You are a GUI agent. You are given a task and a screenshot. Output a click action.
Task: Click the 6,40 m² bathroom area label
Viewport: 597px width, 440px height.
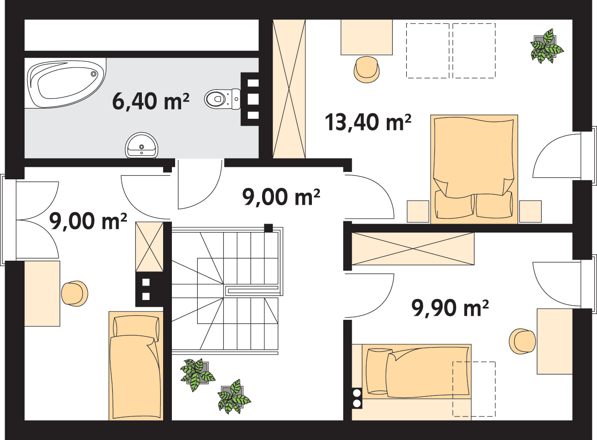click(x=151, y=101)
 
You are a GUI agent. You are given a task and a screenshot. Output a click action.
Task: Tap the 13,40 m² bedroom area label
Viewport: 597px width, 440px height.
click(x=368, y=122)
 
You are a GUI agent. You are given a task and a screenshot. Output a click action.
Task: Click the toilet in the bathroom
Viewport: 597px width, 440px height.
click(x=223, y=99)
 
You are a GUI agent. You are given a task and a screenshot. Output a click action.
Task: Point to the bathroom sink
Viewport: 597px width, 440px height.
click(x=141, y=146)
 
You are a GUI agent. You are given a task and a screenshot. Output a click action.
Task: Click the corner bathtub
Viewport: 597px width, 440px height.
click(x=65, y=83)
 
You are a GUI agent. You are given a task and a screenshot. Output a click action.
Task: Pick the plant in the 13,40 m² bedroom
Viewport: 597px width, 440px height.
click(x=546, y=46)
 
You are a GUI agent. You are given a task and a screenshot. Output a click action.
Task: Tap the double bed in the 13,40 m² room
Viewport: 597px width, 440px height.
click(x=474, y=169)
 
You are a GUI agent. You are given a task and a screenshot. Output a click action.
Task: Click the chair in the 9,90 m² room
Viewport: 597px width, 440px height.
click(x=522, y=342)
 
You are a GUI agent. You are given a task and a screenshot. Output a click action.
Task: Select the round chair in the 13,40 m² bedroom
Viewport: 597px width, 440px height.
click(x=367, y=69)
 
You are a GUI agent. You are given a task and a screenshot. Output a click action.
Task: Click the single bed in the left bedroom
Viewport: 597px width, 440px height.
click(x=136, y=366)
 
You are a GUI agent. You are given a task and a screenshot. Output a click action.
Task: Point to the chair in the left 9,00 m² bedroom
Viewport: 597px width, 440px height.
click(x=75, y=293)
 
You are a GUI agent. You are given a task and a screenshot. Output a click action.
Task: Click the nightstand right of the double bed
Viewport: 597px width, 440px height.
click(x=530, y=211)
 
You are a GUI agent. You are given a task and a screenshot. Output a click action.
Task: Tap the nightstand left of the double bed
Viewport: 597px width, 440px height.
click(x=418, y=211)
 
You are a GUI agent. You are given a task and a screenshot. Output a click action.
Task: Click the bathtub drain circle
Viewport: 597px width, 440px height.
click(x=93, y=74)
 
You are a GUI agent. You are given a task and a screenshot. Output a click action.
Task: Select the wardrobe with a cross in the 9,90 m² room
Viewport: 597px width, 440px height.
click(x=413, y=249)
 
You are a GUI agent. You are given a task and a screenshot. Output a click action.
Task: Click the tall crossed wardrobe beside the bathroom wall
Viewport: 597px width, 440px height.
click(x=289, y=89)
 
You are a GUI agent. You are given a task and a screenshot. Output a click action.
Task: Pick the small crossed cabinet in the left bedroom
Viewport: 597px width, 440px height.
click(x=149, y=247)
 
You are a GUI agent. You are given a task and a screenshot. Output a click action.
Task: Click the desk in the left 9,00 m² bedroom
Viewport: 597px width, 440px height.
click(x=42, y=293)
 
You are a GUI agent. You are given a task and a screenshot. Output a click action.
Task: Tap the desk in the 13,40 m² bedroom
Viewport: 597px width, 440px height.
click(x=367, y=37)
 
